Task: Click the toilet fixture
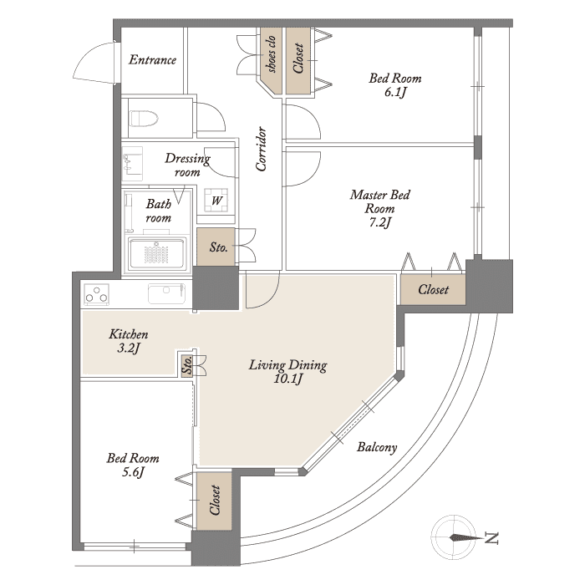(144, 119)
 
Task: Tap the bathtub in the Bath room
(157, 254)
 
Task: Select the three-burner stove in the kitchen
(97, 294)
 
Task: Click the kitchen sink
(166, 293)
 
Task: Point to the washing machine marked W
(216, 201)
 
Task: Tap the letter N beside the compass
(492, 538)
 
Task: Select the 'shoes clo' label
(271, 54)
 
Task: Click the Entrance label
(152, 59)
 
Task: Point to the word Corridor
(261, 149)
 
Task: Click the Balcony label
(377, 447)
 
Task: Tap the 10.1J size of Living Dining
(287, 379)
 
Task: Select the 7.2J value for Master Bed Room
(379, 223)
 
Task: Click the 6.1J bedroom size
(395, 92)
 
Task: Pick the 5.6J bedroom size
(133, 472)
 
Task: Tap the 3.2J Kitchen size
(129, 348)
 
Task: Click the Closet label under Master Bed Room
(433, 289)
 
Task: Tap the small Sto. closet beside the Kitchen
(187, 364)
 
